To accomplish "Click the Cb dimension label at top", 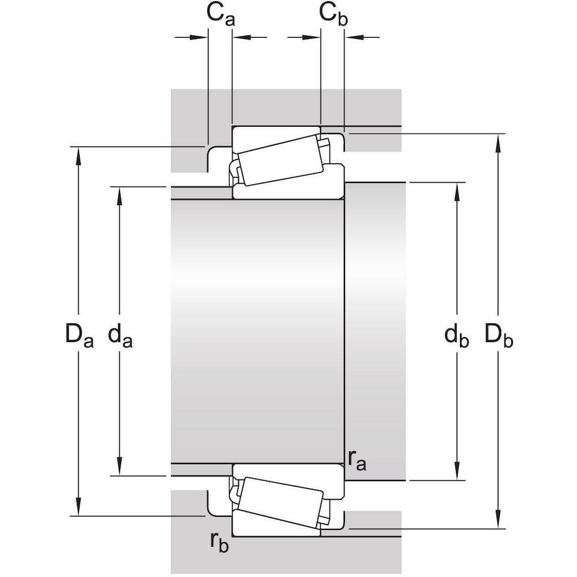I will [333, 14].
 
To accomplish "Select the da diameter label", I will [120, 336].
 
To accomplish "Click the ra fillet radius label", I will [357, 460].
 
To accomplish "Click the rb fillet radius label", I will [220, 542].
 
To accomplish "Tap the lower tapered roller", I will [282, 502].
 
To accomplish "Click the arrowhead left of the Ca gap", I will [200, 37].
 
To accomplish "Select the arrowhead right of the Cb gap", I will [352, 37].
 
